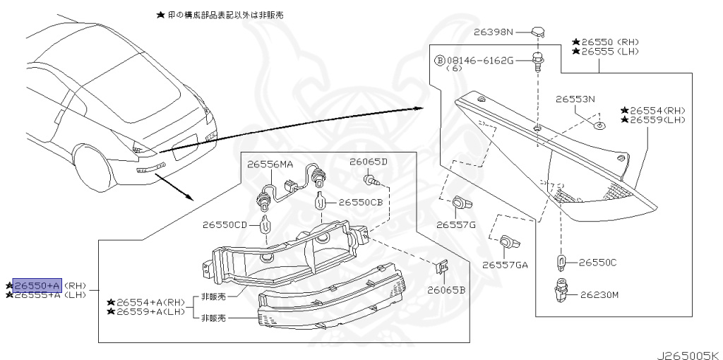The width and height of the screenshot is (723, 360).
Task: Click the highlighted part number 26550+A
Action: coord(37,285)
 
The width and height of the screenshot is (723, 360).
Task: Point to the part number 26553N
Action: coord(575,99)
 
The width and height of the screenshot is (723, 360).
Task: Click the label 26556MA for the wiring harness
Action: coord(270,164)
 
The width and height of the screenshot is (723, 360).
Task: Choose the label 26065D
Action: coord(369,162)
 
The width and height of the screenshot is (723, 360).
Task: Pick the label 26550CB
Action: coord(360,202)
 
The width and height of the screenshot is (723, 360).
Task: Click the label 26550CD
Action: coord(225,226)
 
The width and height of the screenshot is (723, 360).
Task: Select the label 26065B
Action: coord(446,290)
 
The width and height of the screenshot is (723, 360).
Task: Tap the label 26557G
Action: coord(455,224)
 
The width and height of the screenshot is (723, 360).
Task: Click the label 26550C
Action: coord(597,263)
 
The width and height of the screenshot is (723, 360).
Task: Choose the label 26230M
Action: coord(599,294)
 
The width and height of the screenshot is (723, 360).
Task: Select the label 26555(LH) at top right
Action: coord(605,52)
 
